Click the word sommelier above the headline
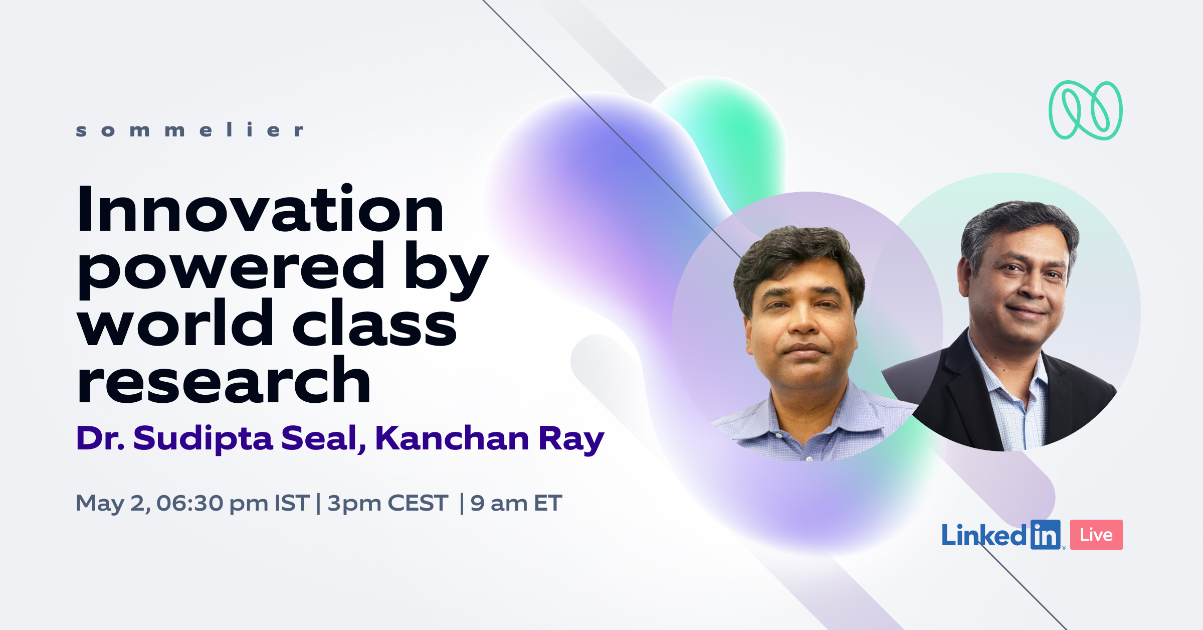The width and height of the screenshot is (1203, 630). [x=189, y=130]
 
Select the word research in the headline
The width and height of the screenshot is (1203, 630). [x=224, y=379]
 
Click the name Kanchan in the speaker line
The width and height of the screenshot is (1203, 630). [x=452, y=438]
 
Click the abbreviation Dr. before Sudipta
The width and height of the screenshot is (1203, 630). [x=100, y=438]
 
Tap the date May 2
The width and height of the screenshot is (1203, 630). [x=113, y=504]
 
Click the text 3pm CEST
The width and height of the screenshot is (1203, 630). [x=387, y=504]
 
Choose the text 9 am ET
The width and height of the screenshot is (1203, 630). [x=516, y=504]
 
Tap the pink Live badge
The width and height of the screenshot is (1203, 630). [x=1096, y=535]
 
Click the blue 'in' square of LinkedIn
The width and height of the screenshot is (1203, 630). [x=1046, y=535]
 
